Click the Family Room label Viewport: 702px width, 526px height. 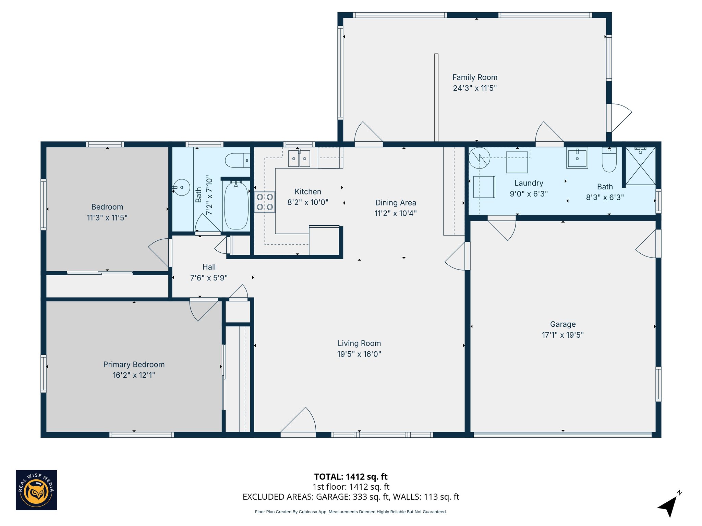tap(475, 77)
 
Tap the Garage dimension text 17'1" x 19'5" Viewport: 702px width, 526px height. tap(562, 335)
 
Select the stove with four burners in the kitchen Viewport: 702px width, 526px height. tap(265, 202)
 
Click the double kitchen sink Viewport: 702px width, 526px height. tap(299, 159)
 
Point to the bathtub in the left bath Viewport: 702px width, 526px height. tap(236, 205)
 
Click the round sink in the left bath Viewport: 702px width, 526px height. tap(182, 187)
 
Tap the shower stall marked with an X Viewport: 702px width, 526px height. tap(640, 166)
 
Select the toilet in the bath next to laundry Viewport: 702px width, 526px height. tap(609, 160)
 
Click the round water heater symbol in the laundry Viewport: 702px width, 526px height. tap(479, 158)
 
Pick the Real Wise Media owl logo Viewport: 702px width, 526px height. tap(36, 490)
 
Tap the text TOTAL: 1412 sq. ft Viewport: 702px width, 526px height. tap(351, 477)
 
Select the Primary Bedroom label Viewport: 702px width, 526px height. tap(134, 364)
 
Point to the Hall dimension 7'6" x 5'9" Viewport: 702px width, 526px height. tap(209, 278)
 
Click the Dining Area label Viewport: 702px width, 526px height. tap(396, 203)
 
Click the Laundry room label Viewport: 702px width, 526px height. tap(529, 183)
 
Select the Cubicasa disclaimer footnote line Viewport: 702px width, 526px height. tap(351, 512)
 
